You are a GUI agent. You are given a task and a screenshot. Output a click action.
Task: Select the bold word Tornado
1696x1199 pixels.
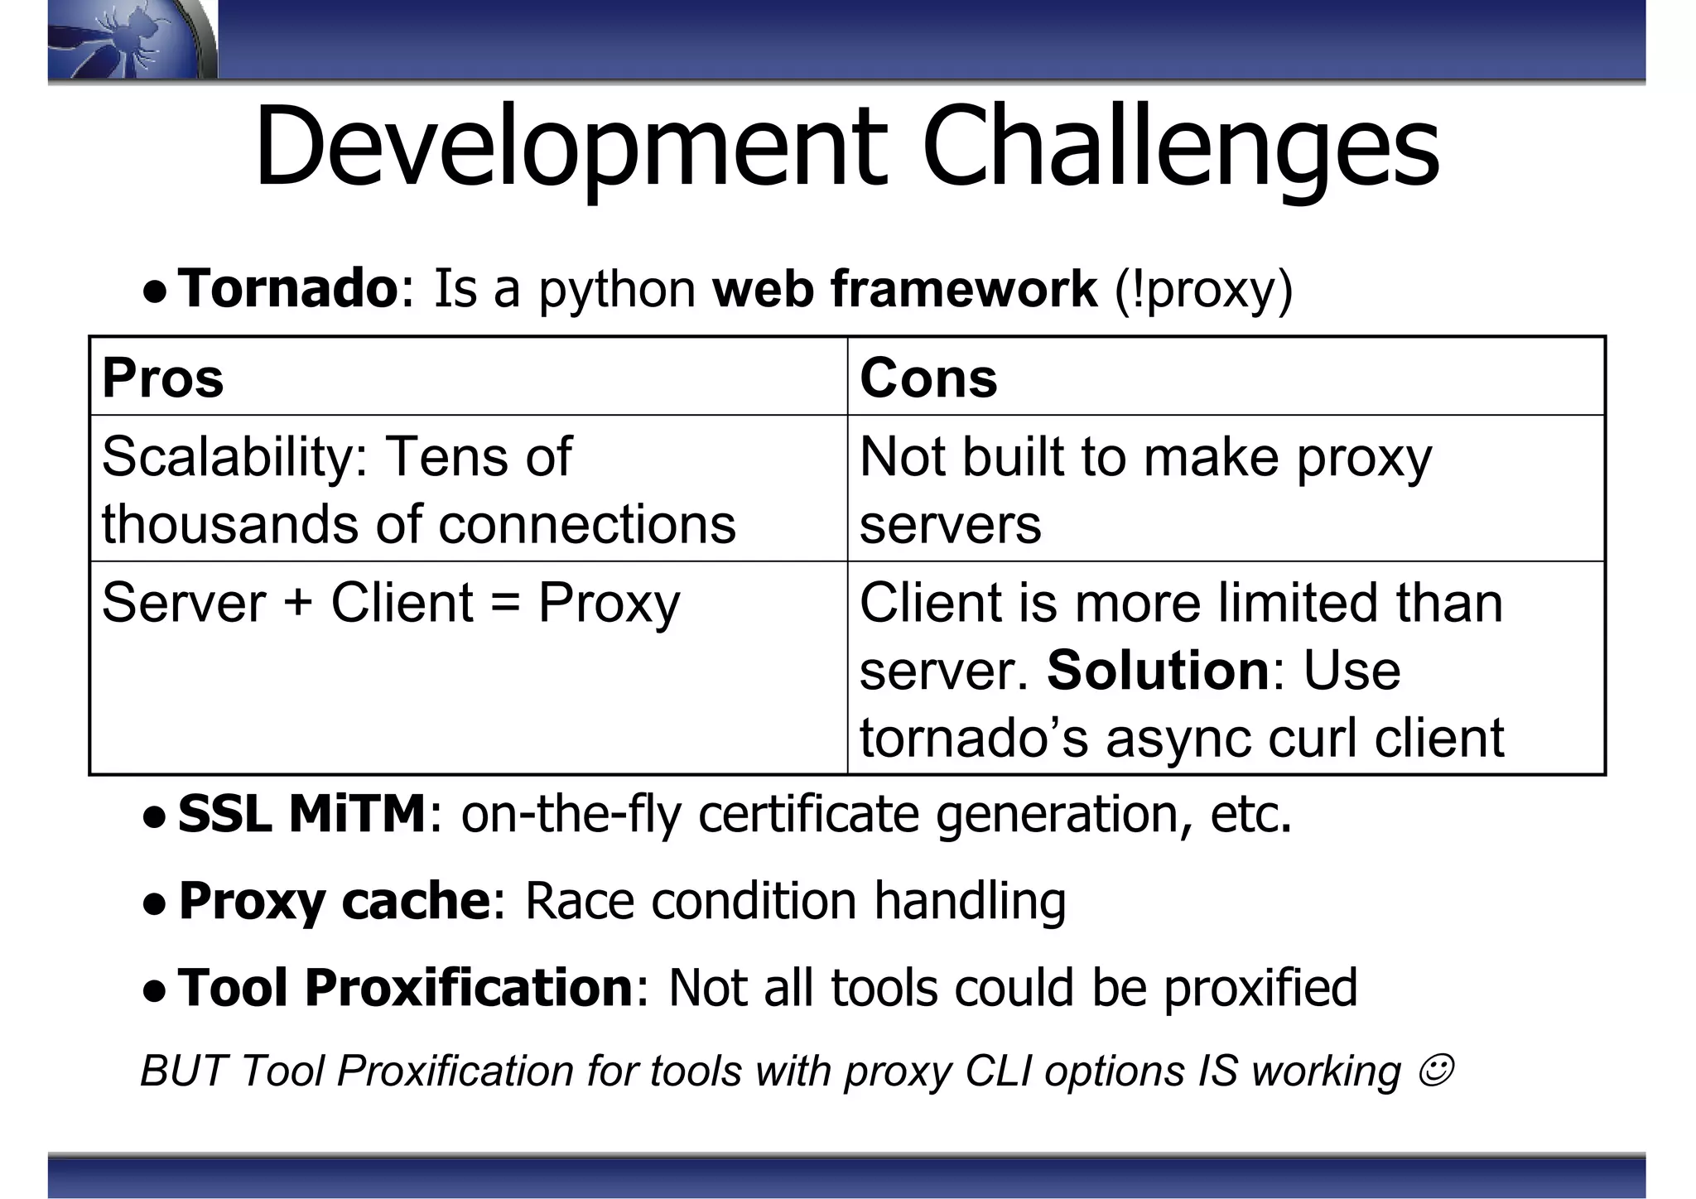click(x=288, y=288)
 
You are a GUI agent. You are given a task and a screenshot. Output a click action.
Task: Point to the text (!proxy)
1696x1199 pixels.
click(x=1203, y=290)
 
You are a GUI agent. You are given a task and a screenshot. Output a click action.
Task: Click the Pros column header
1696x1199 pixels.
click(x=163, y=378)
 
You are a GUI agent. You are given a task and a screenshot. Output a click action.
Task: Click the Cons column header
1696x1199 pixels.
click(x=928, y=378)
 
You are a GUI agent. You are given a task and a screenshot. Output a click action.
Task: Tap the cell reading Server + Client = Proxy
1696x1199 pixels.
click(x=391, y=602)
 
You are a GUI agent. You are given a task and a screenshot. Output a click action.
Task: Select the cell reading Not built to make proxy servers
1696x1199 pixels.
click(x=1145, y=489)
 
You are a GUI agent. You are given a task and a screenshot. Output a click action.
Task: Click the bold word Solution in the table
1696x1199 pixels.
click(x=1158, y=670)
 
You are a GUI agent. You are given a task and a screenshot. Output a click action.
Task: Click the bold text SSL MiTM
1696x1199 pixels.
click(x=302, y=813)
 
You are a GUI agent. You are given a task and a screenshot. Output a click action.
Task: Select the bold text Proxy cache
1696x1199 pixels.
click(x=335, y=900)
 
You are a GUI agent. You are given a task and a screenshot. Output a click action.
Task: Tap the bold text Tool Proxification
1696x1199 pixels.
click(x=406, y=987)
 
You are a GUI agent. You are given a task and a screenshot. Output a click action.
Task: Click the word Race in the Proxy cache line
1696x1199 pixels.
click(x=580, y=900)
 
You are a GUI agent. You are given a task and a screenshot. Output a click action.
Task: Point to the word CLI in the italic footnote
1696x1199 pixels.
click(x=999, y=1071)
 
